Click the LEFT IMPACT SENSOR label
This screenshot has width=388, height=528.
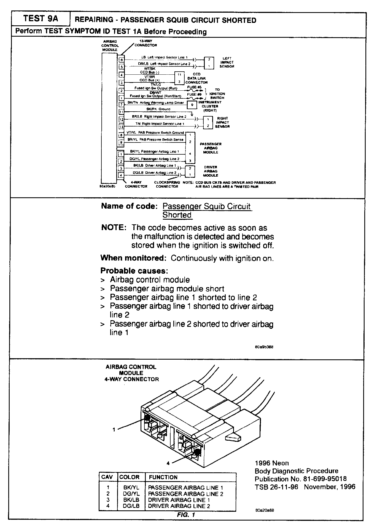[227, 62]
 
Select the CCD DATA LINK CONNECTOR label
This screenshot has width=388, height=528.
[196, 78]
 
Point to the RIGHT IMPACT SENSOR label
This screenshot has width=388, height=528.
[222, 122]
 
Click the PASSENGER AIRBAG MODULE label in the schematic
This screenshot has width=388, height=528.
[211, 148]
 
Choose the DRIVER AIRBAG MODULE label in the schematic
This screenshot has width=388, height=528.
[211, 171]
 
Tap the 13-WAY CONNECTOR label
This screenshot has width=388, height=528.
[146, 43]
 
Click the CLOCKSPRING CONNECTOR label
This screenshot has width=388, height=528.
[167, 184]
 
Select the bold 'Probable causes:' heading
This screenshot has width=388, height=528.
[134, 271]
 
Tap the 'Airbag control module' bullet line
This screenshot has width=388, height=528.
[150, 280]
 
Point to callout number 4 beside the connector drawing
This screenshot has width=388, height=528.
[168, 463]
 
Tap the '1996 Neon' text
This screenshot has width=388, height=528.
[272, 463]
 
